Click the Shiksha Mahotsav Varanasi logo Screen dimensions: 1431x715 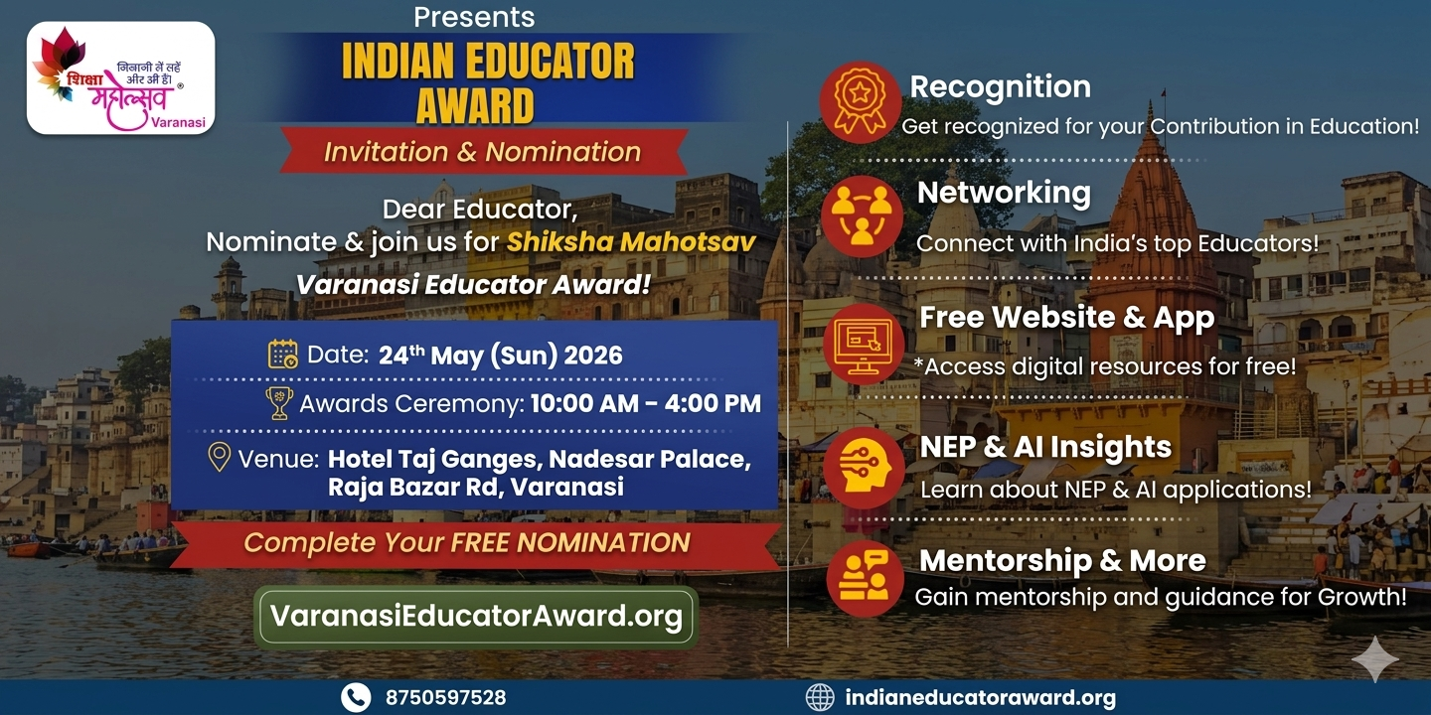pyautogui.click(x=121, y=77)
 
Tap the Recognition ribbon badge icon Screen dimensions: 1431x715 pyautogui.click(x=860, y=101)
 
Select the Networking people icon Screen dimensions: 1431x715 pyautogui.click(x=862, y=216)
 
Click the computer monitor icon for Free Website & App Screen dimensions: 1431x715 pyautogui.click(x=864, y=344)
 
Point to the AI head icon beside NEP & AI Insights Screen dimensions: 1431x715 pyautogui.click(x=864, y=468)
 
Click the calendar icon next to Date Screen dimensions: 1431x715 pyautogui.click(x=283, y=355)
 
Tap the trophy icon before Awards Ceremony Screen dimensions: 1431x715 pyautogui.click(x=279, y=403)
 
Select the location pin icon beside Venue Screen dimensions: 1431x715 pyautogui.click(x=219, y=457)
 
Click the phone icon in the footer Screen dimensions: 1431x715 pyautogui.click(x=356, y=698)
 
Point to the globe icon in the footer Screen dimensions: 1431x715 pyautogui.click(x=820, y=697)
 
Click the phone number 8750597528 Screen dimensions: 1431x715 pyautogui.click(x=445, y=698)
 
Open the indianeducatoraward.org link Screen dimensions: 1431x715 pyautogui.click(x=981, y=698)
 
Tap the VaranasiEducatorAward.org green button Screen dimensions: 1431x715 pyautogui.click(x=476, y=617)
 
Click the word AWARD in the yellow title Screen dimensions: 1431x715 pyautogui.click(x=475, y=106)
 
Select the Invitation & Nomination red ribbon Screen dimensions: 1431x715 pyautogui.click(x=483, y=151)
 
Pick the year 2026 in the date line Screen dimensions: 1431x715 pyautogui.click(x=593, y=355)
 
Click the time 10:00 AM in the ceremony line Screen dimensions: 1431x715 pyautogui.click(x=584, y=403)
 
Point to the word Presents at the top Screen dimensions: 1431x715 pyautogui.click(x=474, y=17)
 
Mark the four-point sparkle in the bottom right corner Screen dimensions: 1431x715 pyautogui.click(x=1375, y=658)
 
